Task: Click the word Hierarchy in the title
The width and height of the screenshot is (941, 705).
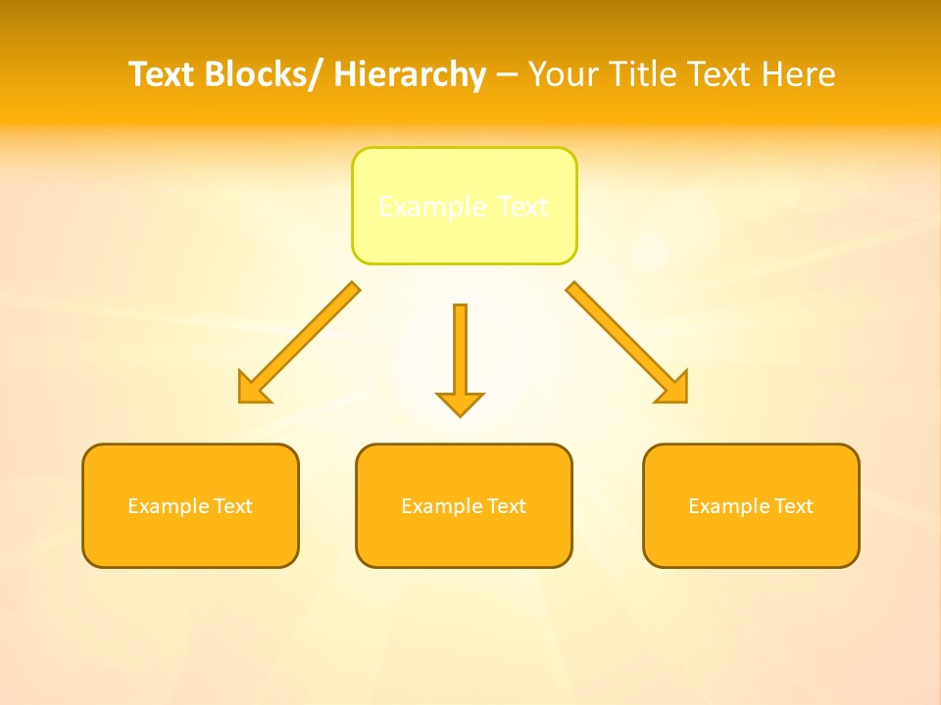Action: pos(410,74)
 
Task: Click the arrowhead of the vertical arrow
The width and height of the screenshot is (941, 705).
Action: pos(460,402)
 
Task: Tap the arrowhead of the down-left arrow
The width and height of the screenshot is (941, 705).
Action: pos(253,389)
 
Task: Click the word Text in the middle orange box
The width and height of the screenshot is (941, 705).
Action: pos(506,506)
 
